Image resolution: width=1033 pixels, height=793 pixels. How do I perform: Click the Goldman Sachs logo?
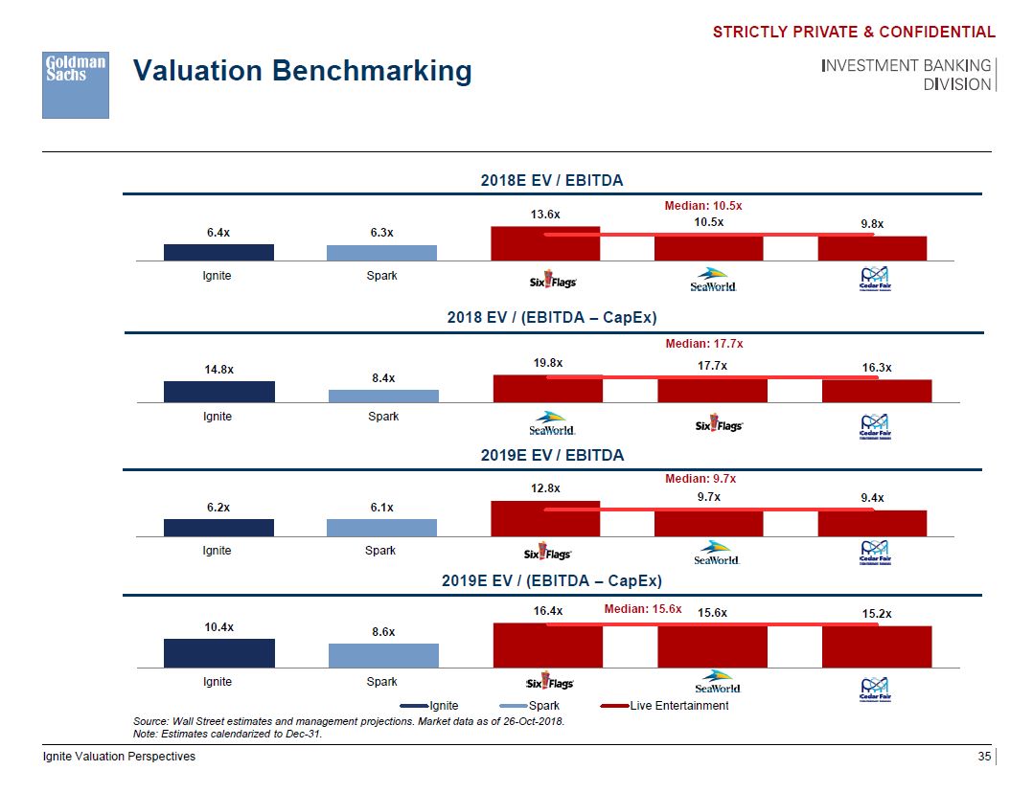point(76,85)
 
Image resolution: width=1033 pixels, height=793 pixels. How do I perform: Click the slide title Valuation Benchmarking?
point(302,71)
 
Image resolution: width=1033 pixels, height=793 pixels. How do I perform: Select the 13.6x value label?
point(545,215)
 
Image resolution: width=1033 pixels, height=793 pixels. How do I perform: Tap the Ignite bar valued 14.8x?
point(218,392)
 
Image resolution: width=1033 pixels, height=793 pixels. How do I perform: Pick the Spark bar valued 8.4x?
point(382,396)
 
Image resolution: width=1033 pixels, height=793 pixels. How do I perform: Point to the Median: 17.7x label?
point(703,343)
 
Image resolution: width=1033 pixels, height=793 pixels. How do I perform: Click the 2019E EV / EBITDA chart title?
point(552,455)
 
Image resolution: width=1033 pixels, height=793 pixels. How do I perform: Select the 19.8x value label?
point(547,363)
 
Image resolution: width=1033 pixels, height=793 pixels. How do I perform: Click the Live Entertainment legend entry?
point(678,706)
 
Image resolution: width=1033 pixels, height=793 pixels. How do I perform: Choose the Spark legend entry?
point(543,706)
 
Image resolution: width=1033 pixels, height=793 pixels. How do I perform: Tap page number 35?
point(983,757)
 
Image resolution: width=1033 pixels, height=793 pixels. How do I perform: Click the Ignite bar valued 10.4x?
point(218,652)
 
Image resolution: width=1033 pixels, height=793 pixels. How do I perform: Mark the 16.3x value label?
point(877,367)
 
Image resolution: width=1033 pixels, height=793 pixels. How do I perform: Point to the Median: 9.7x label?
point(700,478)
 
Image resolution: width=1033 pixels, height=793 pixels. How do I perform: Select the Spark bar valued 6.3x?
point(381,253)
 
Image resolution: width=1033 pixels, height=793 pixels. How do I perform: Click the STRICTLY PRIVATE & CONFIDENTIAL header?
point(854,33)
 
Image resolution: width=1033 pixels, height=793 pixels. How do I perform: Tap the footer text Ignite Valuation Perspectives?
point(119,757)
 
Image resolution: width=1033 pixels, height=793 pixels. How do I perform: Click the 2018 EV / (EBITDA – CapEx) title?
point(552,317)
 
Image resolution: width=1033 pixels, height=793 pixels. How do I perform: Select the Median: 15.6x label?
point(643,608)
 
